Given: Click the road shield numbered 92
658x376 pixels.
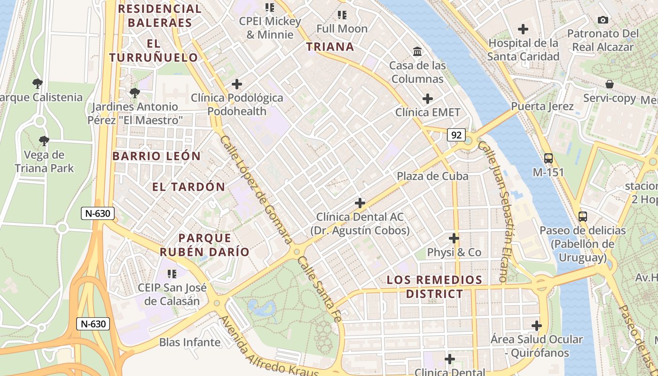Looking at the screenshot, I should (456, 135).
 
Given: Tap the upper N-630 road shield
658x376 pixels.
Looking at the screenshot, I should (98, 213).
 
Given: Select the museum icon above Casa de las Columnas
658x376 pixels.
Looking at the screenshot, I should (417, 51).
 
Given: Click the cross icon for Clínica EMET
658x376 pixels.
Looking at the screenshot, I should (427, 99).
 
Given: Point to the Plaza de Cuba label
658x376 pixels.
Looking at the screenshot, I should (432, 176).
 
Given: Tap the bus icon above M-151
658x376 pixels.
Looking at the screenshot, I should (548, 158).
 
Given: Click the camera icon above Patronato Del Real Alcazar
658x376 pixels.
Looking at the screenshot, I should (603, 20).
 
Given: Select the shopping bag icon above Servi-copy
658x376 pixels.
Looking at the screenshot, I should (610, 84).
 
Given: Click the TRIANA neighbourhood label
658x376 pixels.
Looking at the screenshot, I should (330, 47).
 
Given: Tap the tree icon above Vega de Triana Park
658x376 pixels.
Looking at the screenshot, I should (44, 141).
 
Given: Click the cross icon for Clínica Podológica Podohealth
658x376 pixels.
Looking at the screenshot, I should (237, 84).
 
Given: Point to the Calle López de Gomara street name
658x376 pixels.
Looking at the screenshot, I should (256, 190).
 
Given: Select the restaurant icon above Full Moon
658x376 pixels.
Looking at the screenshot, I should (342, 15).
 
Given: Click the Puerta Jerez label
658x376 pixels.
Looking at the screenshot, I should (542, 106).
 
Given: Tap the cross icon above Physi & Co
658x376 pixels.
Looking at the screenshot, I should (454, 238).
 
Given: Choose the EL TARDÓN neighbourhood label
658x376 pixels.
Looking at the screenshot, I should (188, 187).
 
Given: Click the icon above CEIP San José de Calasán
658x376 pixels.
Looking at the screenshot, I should (172, 274).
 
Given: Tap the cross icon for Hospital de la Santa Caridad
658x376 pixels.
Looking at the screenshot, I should (523, 29).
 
